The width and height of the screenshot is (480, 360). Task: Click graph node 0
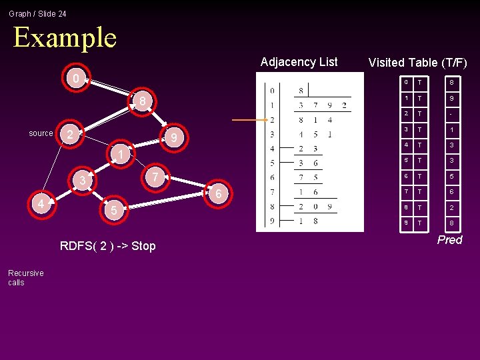coord(76,79)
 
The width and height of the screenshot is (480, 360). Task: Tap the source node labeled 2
coord(69,133)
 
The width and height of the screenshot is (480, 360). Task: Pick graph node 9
coord(174,139)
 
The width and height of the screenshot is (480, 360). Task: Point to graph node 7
coord(154,177)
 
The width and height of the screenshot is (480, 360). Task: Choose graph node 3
coord(82,181)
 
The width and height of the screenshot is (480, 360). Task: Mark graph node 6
coord(218,193)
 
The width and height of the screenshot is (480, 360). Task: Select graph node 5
coord(113,211)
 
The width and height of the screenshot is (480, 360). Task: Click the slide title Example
coord(65,37)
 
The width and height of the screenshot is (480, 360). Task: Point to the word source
coord(41,133)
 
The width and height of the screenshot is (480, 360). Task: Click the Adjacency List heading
coord(299,62)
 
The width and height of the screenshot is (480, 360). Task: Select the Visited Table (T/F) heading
coord(417,63)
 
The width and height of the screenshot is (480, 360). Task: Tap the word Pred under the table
coord(449,240)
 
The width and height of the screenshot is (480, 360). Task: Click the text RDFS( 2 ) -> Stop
coord(107,246)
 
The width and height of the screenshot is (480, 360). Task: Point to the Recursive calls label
coord(26,277)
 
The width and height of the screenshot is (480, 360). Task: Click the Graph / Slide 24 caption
coord(37,13)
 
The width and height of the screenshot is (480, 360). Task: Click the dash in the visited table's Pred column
coord(451,113)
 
